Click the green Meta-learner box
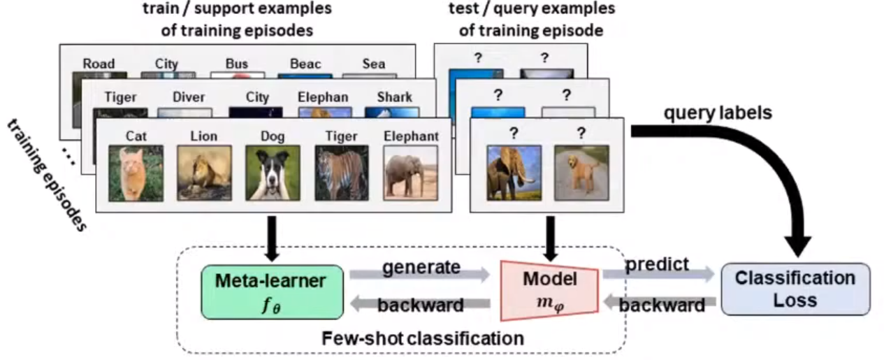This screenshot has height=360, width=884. (270, 291)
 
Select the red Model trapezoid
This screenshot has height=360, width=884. (550, 289)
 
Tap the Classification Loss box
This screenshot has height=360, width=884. (795, 288)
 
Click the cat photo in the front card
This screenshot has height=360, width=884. (136, 173)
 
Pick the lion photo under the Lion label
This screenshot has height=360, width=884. (204, 173)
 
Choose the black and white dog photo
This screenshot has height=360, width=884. (273, 173)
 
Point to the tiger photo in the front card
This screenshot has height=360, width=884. (342, 173)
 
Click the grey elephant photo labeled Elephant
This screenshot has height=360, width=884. (410, 173)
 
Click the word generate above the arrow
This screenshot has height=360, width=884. (421, 267)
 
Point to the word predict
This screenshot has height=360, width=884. (657, 265)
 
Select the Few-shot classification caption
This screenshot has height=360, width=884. (422, 339)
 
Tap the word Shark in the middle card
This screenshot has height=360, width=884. (394, 97)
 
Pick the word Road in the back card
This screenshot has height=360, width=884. (99, 64)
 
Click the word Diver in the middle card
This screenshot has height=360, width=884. (188, 97)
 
